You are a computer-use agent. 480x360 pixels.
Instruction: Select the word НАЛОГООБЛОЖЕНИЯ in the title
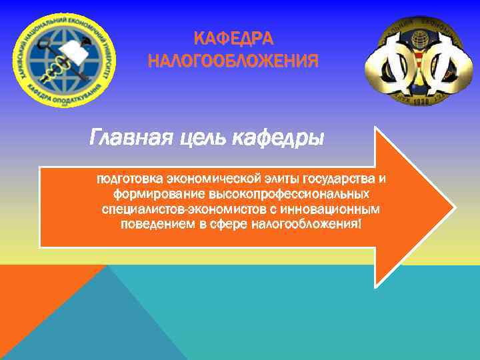[233, 62]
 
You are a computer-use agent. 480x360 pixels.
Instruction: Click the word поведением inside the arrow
[157, 224]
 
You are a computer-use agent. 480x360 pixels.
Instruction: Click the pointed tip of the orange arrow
[453, 207]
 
